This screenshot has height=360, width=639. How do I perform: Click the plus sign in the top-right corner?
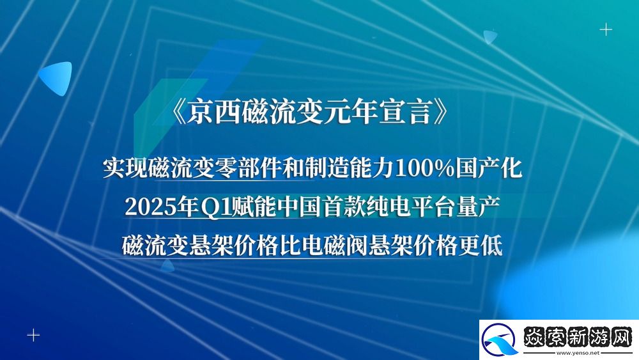click(x=605, y=29)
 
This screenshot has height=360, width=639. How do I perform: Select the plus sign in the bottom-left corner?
click(x=33, y=334)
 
